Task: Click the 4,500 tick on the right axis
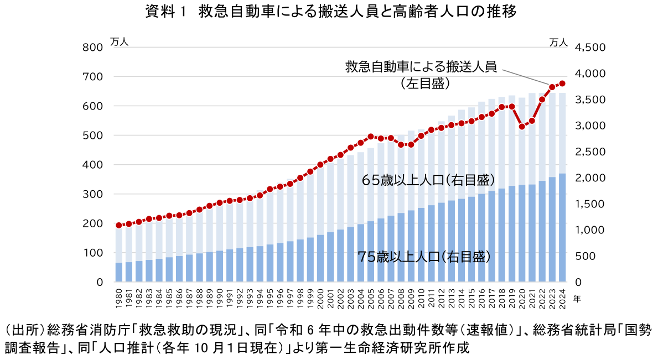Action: click(x=591, y=48)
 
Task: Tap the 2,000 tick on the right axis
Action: click(x=591, y=178)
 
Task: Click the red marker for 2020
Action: click(x=522, y=127)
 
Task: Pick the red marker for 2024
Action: click(x=562, y=84)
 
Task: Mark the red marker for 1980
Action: click(x=118, y=225)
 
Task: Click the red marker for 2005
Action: click(x=371, y=137)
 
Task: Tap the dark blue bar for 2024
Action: click(x=562, y=228)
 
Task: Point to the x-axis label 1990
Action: click(x=220, y=296)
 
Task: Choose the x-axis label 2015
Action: click(x=472, y=296)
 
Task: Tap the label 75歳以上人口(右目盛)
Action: click(x=424, y=257)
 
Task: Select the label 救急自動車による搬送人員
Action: click(x=421, y=67)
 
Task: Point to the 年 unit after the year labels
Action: click(x=577, y=298)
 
